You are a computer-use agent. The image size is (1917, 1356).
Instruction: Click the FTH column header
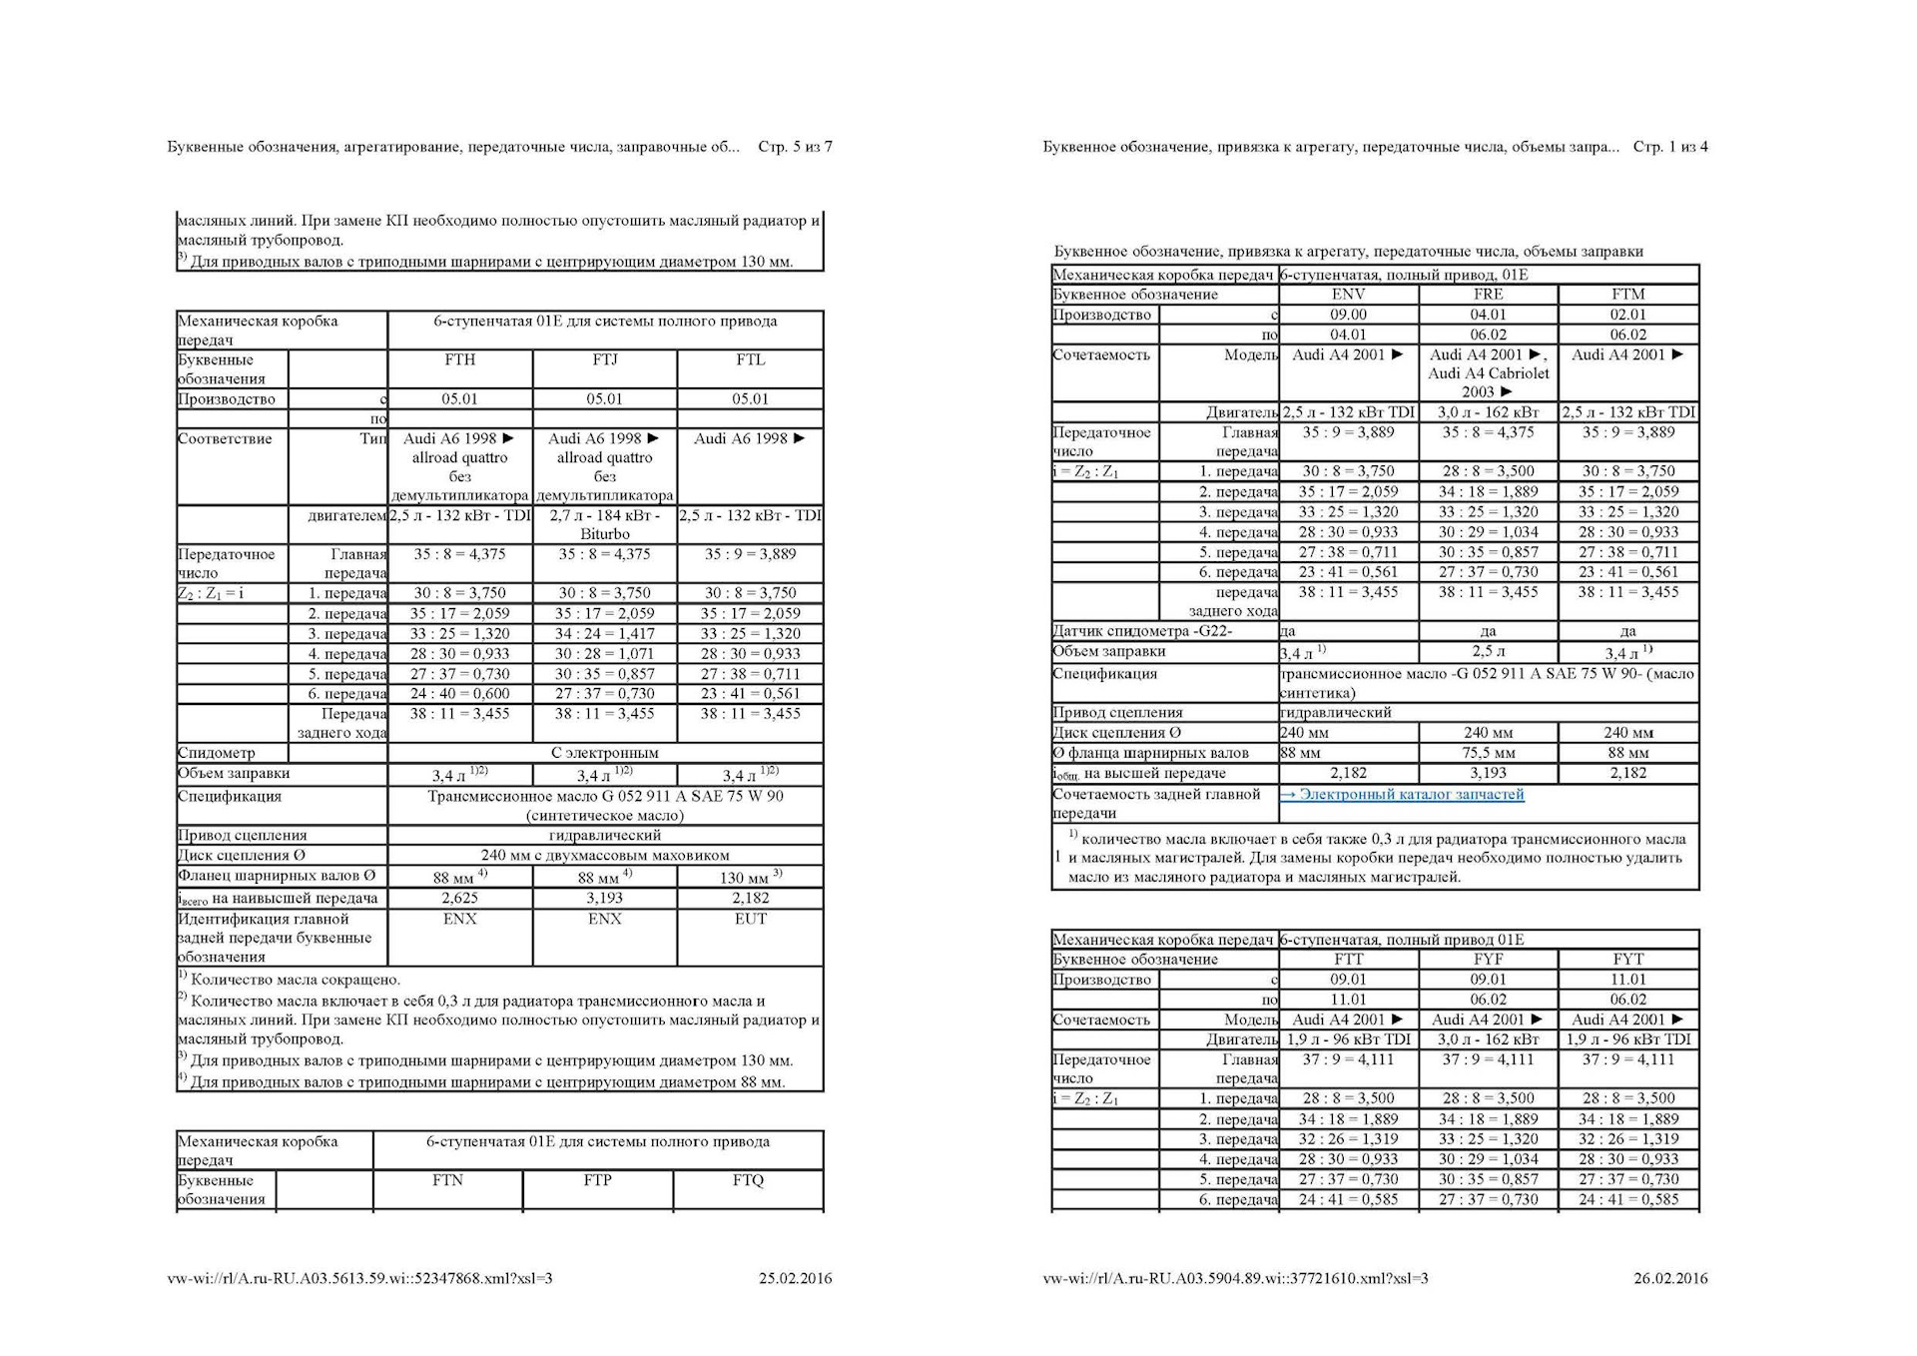pos(459,360)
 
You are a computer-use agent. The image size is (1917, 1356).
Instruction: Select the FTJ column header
pos(604,360)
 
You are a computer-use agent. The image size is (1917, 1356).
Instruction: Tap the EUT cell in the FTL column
pos(750,919)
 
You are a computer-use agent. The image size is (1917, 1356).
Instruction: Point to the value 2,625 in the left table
pos(459,898)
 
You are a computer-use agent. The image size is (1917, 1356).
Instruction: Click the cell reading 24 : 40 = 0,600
pos(459,694)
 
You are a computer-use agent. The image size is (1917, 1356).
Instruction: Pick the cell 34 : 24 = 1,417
pos(604,634)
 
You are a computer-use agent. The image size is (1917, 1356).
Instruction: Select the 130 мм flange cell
pos(750,878)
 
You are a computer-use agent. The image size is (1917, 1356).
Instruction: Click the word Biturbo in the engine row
pos(604,534)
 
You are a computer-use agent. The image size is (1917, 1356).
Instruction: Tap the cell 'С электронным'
pos(604,753)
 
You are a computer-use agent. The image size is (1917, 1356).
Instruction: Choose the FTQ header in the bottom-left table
pos(747,1180)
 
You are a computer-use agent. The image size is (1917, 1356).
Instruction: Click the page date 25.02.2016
pos(795,1278)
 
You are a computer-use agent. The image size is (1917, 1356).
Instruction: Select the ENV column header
pos(1348,295)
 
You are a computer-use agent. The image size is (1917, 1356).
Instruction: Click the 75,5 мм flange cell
pos(1488,753)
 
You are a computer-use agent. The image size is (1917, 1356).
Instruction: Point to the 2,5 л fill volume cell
pos(1488,652)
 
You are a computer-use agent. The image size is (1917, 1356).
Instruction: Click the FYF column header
pos(1488,960)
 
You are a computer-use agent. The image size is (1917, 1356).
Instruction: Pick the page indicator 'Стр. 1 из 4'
pos(1670,147)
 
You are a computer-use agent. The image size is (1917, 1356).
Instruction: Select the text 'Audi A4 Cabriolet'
pos(1488,373)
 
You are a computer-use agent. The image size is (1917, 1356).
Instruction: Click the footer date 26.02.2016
pos(1670,1278)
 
